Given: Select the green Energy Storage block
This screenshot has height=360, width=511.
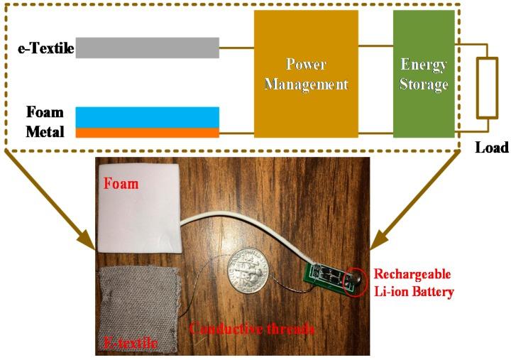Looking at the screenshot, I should [424, 75].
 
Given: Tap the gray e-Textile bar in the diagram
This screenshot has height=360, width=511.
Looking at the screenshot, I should [147, 48].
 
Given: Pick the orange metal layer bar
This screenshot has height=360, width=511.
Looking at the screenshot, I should [147, 133].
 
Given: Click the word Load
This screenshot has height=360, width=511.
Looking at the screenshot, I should [492, 148].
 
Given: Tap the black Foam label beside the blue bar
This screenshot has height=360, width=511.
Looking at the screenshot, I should [45, 112].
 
